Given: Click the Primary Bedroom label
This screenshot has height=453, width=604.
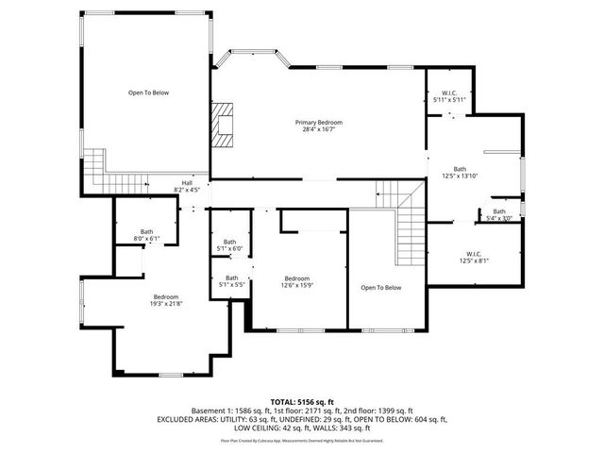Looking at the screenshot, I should pyautogui.click(x=317, y=126).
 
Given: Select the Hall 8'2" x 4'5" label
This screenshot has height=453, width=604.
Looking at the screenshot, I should pyautogui.click(x=187, y=186).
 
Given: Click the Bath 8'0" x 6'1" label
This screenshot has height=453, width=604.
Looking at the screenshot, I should pyautogui.click(x=147, y=235).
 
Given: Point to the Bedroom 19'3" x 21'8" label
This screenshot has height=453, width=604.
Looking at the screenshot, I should pyautogui.click(x=167, y=299).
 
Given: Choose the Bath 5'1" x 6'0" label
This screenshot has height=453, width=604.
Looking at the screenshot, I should pyautogui.click(x=230, y=245).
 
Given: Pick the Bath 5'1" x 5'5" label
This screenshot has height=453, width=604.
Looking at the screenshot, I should pyautogui.click(x=231, y=280).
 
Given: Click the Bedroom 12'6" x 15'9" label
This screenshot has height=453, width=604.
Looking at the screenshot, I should pyautogui.click(x=297, y=281).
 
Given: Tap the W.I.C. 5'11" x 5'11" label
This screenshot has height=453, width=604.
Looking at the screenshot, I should pyautogui.click(x=449, y=95).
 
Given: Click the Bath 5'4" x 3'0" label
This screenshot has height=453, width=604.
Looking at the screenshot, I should pyautogui.click(x=498, y=214).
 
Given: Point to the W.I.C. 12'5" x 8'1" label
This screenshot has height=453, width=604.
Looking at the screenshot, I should pyautogui.click(x=473, y=257).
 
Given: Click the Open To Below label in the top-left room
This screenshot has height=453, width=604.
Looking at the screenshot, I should pyautogui.click(x=148, y=92).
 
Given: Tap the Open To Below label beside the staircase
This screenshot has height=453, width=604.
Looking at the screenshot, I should pyautogui.click(x=380, y=288).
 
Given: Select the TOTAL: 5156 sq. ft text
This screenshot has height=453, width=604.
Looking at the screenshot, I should pyautogui.click(x=302, y=401).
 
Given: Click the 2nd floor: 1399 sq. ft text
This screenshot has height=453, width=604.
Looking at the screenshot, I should pyautogui.click(x=377, y=411).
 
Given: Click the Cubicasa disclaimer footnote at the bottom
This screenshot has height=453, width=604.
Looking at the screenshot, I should pyautogui.click(x=302, y=440).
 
